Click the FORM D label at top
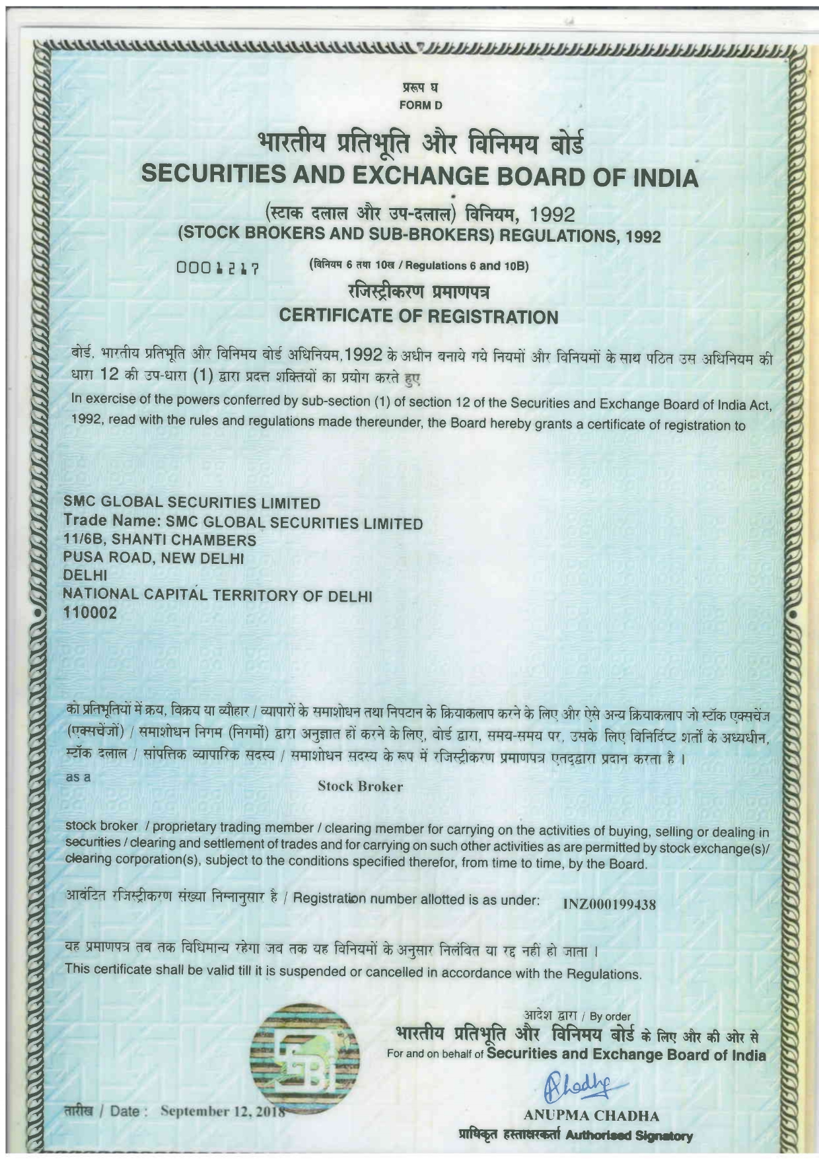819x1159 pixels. click(x=420, y=105)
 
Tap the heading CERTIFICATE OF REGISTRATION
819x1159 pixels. click(x=419, y=316)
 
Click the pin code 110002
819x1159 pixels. click(x=90, y=613)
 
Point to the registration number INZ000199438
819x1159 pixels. click(x=609, y=904)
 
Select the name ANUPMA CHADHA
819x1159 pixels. click(x=591, y=1116)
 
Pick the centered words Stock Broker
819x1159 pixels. click(x=360, y=786)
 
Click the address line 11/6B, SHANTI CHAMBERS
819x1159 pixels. click(x=159, y=540)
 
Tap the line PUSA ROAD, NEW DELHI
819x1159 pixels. click(x=153, y=558)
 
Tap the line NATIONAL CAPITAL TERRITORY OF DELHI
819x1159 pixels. click(x=217, y=595)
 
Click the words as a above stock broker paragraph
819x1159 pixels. click(x=78, y=777)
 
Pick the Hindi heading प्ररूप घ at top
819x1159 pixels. click(x=420, y=87)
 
